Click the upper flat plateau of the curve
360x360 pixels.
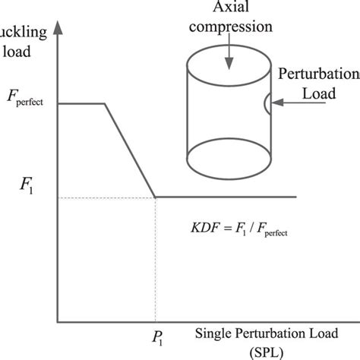81,103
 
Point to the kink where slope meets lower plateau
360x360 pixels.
156,197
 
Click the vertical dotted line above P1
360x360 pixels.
156,258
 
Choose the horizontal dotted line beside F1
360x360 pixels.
106,197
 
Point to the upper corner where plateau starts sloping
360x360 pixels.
105,103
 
